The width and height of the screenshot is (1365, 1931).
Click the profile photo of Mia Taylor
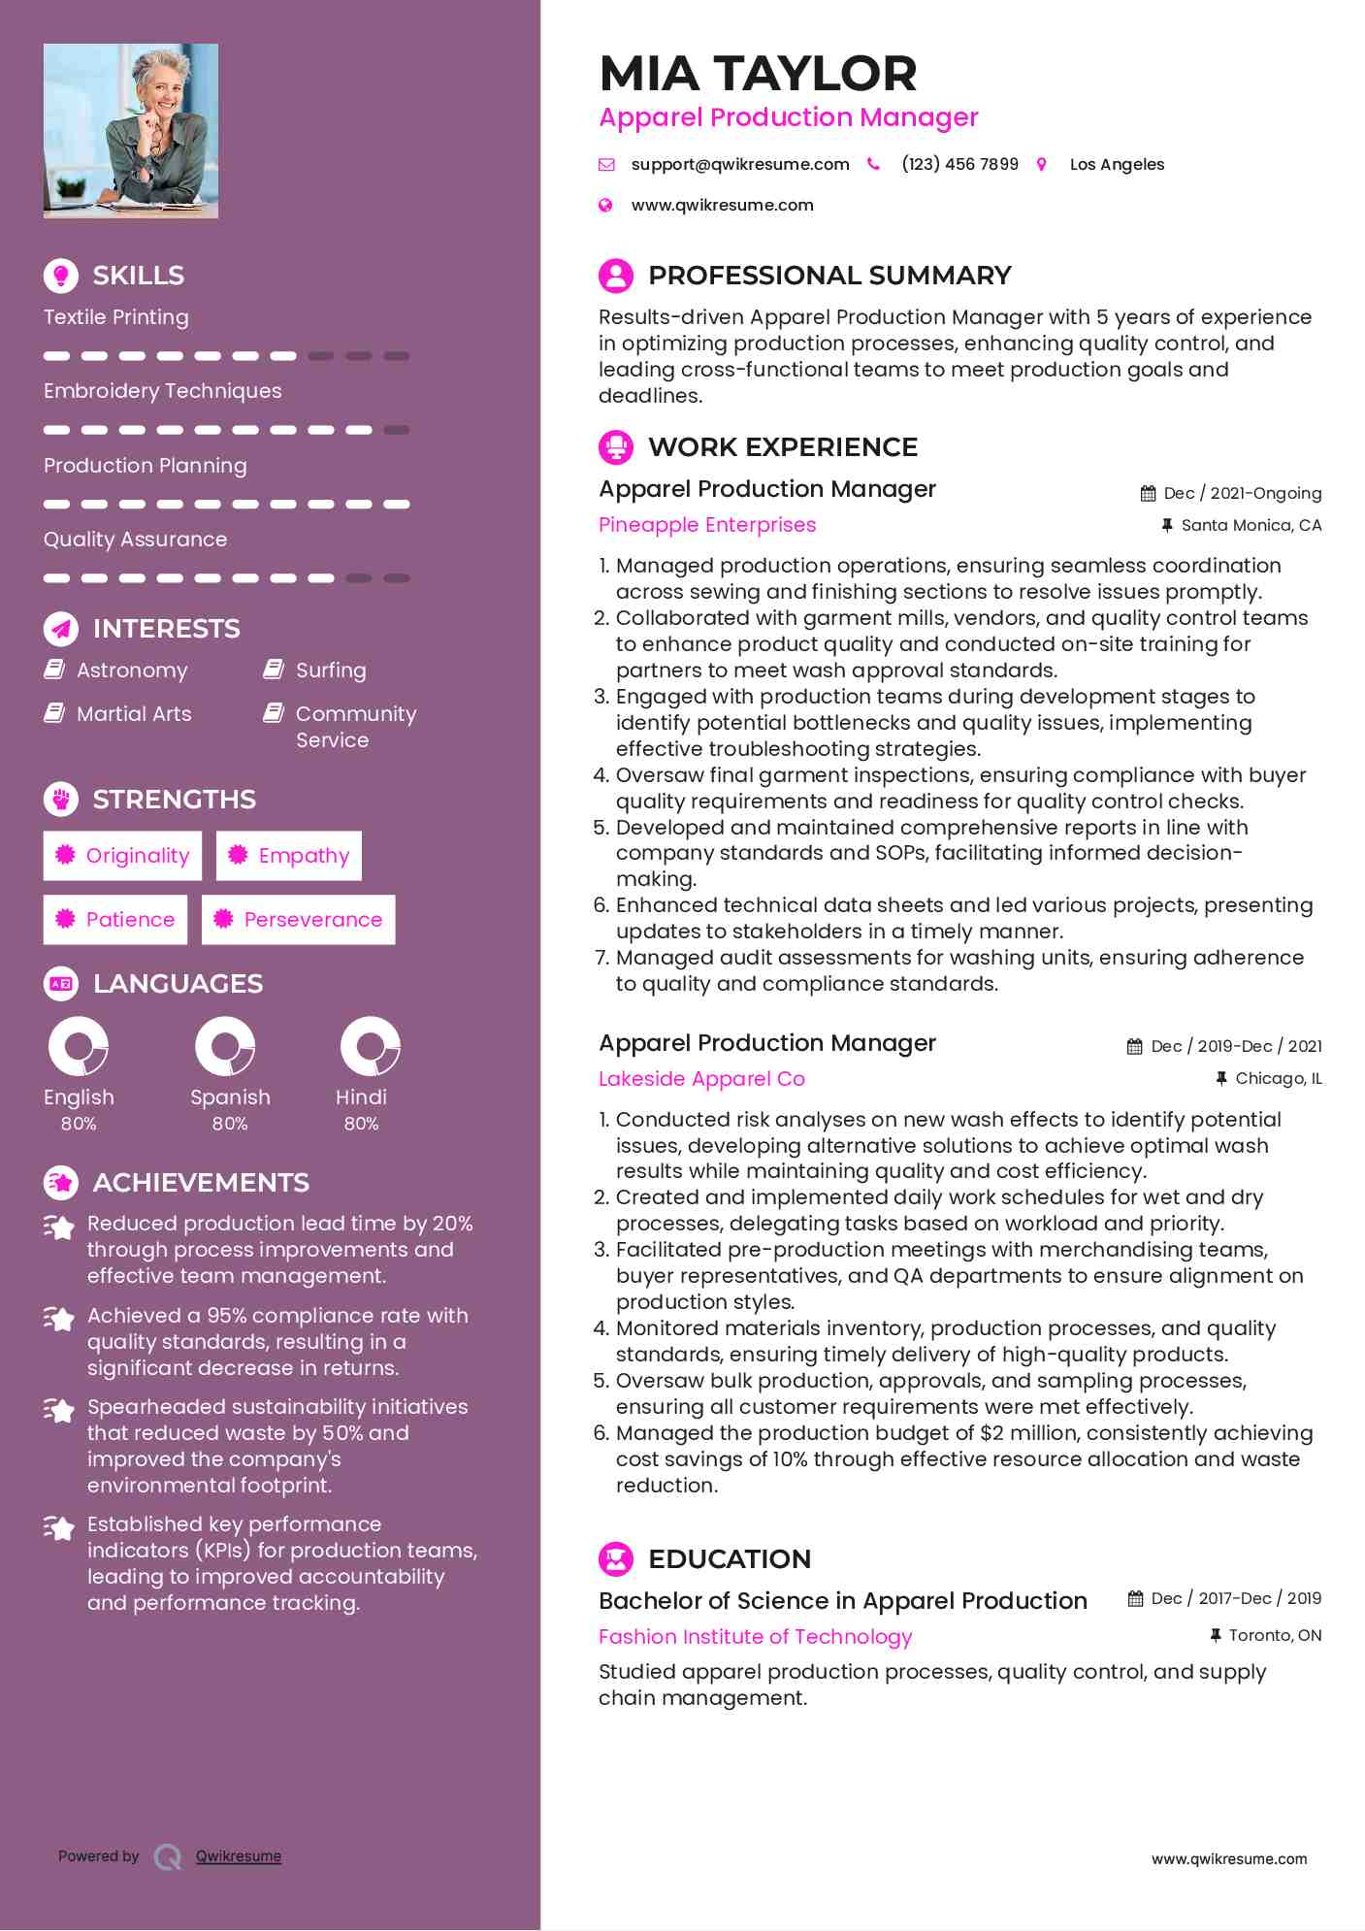[x=131, y=131]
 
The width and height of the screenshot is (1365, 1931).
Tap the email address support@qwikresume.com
[x=739, y=165]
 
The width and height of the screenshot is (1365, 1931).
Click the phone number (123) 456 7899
[x=959, y=165]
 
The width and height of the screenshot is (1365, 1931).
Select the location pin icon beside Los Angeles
[x=1042, y=165]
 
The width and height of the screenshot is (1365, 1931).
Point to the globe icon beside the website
[x=606, y=206]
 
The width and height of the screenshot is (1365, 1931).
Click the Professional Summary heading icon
[x=616, y=276]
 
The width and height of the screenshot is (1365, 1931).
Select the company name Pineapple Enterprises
[x=707, y=525]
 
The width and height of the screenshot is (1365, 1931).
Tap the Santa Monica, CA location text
[x=1251, y=526]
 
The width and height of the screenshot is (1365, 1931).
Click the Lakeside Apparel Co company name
[x=701, y=1079]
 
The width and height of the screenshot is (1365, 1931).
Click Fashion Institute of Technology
[x=755, y=1637]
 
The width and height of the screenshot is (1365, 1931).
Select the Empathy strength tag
[x=289, y=856]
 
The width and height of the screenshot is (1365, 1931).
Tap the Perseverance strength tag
[x=299, y=920]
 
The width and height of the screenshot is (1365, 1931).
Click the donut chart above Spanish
[x=225, y=1046]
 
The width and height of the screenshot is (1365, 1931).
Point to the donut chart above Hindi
[x=371, y=1046]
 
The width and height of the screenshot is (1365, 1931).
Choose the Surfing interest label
[x=331, y=671]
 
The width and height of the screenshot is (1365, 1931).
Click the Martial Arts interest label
[x=134, y=714]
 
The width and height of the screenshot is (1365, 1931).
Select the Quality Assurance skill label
[x=136, y=540]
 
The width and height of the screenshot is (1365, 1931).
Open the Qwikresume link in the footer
[x=239, y=1856]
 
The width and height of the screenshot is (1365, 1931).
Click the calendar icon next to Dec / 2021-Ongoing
[x=1148, y=494]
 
